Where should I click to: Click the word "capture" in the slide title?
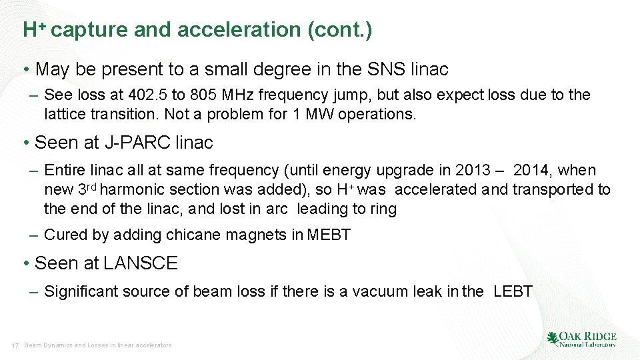point(89,31)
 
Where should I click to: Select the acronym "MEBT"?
point(329,235)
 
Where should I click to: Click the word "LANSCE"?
point(140,263)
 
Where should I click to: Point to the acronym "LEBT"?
point(513,291)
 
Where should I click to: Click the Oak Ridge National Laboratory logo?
point(581,339)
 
